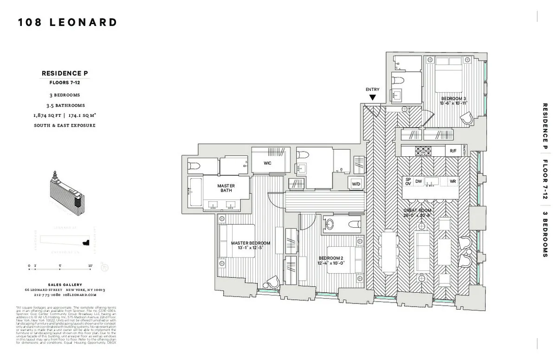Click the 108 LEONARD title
coord(68,22)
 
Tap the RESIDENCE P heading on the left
coord(65,73)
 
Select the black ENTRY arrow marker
coord(372,97)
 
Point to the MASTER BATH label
coord(226,188)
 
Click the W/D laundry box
coord(356,184)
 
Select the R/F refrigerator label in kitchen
coord(453,151)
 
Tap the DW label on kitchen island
coord(418,181)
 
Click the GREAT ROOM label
coord(420,212)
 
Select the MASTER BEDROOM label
coord(251,245)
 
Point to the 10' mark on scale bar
coord(90,266)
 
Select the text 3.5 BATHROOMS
coord(65,105)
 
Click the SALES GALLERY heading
coord(65,285)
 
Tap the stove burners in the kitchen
coord(423,151)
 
